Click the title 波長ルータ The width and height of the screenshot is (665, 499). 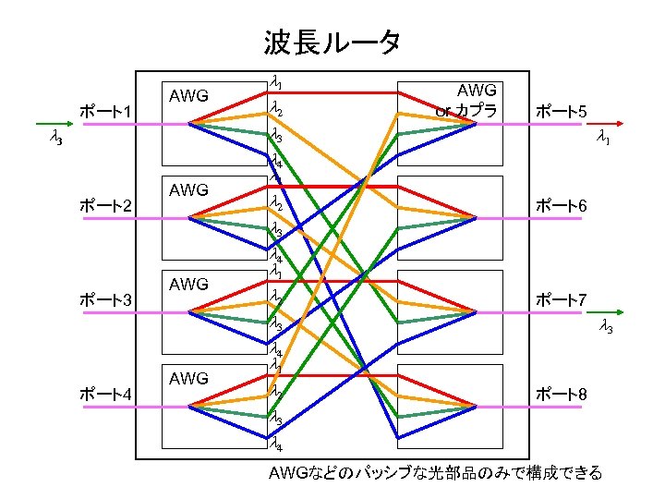click(332, 42)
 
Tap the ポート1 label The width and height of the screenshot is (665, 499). click(108, 112)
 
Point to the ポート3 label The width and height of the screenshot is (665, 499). click(108, 299)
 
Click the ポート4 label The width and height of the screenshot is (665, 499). click(108, 395)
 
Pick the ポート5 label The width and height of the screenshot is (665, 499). click(562, 112)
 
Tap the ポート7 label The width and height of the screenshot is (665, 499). click(562, 299)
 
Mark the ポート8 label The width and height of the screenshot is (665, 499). click(562, 395)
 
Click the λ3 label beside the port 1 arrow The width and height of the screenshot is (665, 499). click(55, 139)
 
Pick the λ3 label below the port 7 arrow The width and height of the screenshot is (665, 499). click(606, 326)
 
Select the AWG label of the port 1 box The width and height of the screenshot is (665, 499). click(189, 95)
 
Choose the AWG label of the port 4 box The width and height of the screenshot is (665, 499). click(189, 378)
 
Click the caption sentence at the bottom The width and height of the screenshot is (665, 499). click(434, 473)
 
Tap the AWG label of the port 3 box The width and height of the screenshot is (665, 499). click(189, 284)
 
